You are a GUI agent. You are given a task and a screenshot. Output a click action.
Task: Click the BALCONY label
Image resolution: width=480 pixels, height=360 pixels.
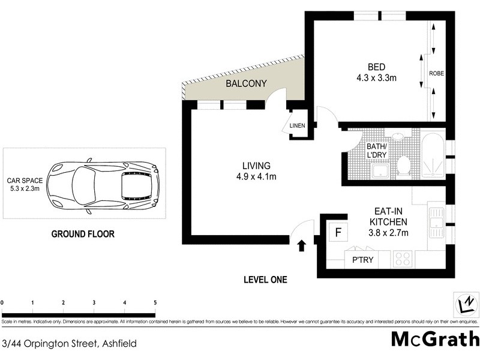pyautogui.click(x=246, y=84)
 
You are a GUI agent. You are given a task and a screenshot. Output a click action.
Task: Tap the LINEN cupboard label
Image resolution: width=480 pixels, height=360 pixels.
pyautogui.click(x=298, y=126)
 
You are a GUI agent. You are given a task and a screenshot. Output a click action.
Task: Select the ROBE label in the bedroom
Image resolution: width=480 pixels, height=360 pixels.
pyautogui.click(x=436, y=73)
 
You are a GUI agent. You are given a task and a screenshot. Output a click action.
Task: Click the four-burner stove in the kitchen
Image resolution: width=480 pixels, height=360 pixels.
pyautogui.click(x=402, y=260)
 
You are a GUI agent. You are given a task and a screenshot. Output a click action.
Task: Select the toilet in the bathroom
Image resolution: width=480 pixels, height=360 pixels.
pyautogui.click(x=404, y=164)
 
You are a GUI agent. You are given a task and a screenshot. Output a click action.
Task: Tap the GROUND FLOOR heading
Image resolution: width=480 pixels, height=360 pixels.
pyautogui.click(x=82, y=234)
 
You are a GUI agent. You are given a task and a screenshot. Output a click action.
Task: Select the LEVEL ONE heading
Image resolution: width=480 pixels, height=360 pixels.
pyautogui.click(x=265, y=280)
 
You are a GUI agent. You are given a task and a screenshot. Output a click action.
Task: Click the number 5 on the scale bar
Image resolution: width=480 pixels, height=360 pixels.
pyautogui.click(x=155, y=302)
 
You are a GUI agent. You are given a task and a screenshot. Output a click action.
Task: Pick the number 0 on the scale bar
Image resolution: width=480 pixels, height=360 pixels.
pyautogui.click(x=2, y=302)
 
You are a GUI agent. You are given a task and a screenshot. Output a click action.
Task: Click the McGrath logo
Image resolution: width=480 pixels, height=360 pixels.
pyautogui.click(x=434, y=339)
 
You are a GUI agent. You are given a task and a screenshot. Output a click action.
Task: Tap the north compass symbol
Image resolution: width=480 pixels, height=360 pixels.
pyautogui.click(x=464, y=304)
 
